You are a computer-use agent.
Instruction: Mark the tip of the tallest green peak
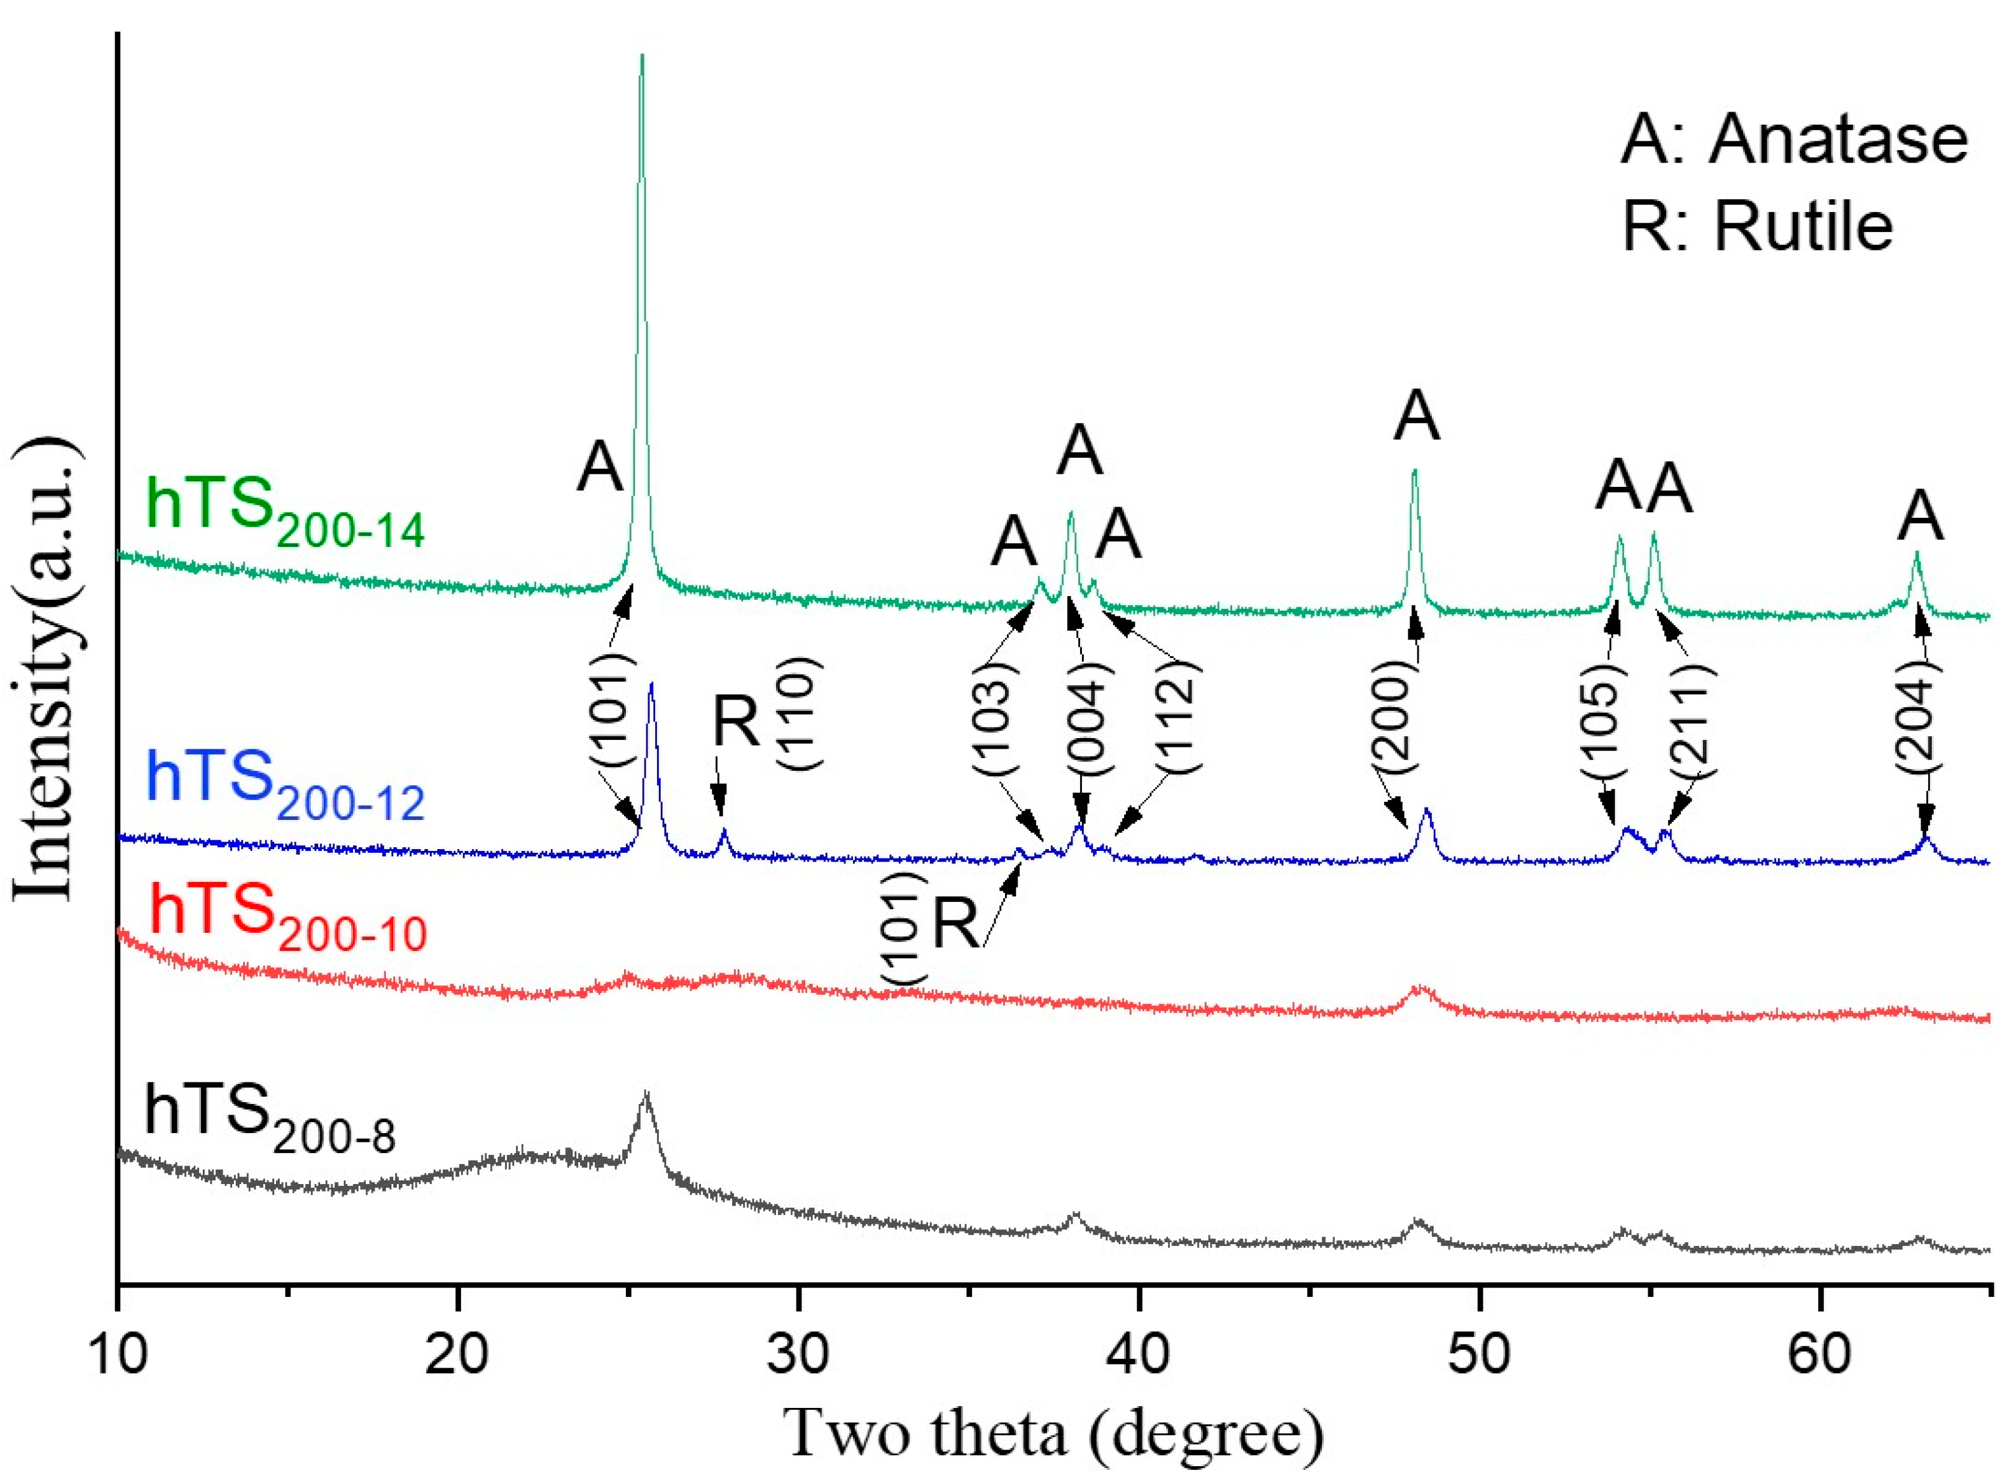point(641,55)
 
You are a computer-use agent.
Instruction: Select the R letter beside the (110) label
point(736,721)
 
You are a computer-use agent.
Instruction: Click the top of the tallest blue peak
point(651,683)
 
